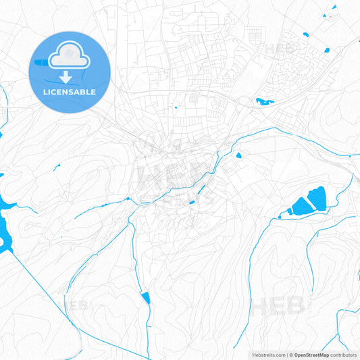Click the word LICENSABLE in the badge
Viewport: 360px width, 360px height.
click(70, 92)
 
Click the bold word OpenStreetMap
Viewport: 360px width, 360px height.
click(311, 355)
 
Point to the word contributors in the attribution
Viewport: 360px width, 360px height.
click(343, 355)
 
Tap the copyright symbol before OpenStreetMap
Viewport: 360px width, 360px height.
click(291, 355)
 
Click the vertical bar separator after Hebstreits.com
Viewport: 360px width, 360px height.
click(287, 355)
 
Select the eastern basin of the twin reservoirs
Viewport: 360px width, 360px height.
click(316, 198)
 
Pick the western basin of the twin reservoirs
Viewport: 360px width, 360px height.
click(298, 206)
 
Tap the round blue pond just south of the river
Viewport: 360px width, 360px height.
click(238, 155)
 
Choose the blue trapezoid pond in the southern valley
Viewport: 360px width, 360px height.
click(146, 297)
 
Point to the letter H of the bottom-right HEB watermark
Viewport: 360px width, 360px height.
click(257, 307)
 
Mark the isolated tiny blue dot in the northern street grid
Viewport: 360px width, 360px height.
click(176, 107)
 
